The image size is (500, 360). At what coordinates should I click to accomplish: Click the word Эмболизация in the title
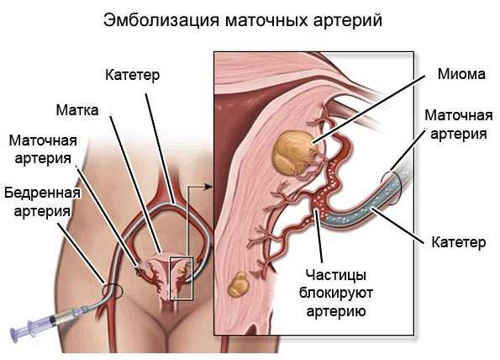coord(161,20)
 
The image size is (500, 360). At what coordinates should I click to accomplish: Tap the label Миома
coord(461,74)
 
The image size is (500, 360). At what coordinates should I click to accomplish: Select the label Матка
coord(77,110)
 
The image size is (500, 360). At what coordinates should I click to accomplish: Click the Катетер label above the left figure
coord(132,76)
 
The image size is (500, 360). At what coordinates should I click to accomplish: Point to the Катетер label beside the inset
coord(458,242)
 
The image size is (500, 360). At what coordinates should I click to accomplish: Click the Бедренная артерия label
coord(42,202)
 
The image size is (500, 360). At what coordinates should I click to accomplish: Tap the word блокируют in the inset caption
coord(336,293)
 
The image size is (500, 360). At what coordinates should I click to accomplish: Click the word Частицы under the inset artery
coord(336,275)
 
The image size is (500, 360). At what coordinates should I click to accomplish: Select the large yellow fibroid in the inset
coord(292,153)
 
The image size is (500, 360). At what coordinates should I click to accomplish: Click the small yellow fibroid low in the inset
coord(239,284)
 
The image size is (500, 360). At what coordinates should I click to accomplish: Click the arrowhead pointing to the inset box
coord(208,187)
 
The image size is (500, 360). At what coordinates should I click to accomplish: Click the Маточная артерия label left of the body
coord(43,150)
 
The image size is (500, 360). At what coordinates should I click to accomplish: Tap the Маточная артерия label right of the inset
coord(459,124)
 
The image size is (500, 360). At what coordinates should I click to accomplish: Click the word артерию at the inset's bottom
coord(336,310)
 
